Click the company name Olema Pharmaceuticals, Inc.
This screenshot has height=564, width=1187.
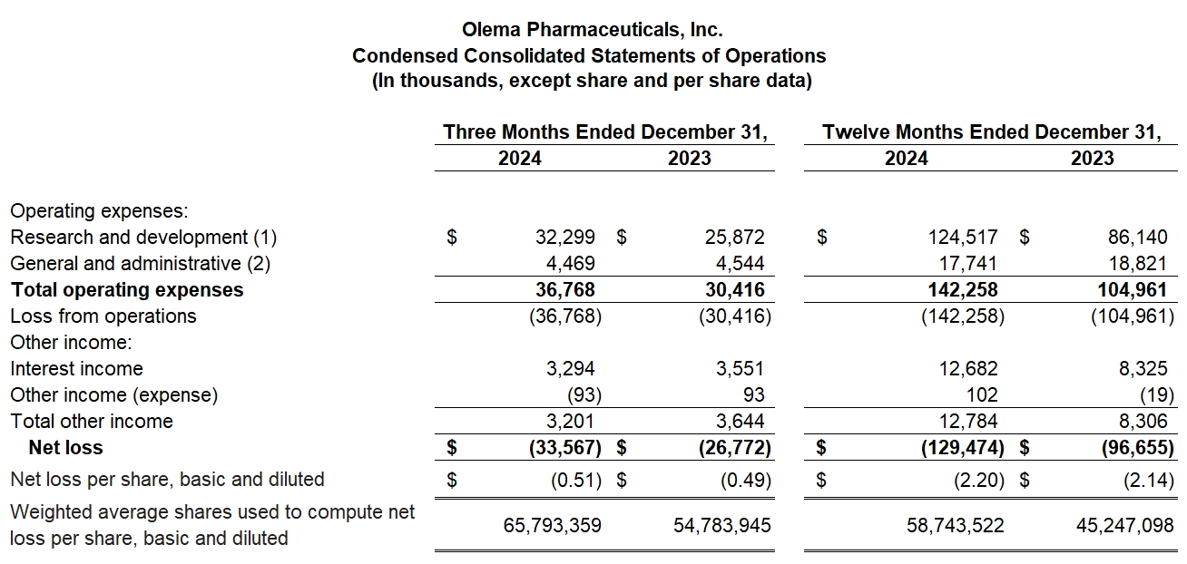point(593,30)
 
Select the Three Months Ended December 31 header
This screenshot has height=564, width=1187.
point(604,132)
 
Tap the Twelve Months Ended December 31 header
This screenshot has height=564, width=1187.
point(991,132)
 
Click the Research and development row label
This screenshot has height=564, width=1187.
point(143,238)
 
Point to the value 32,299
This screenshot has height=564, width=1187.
point(565,238)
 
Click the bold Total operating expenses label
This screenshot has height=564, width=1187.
point(127,290)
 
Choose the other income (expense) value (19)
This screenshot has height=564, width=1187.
point(1159,395)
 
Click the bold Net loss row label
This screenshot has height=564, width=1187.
point(65,448)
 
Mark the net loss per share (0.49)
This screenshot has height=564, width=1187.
point(745,480)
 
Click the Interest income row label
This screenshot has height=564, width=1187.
point(76,369)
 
